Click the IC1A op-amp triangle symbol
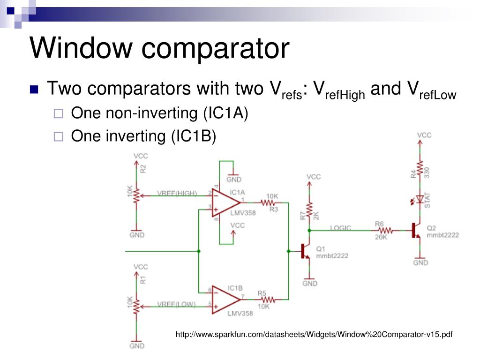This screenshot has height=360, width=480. tap(227, 203)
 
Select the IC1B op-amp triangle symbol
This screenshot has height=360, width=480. tap(227, 298)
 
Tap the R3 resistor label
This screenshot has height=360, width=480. tap(273, 210)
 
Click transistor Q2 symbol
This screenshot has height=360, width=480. tap(416, 230)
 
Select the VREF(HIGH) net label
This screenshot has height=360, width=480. tap(176, 193)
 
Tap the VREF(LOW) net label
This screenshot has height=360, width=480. tap(176, 304)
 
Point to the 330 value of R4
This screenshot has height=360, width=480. tap(427, 172)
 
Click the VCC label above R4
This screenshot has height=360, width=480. tap(424, 135)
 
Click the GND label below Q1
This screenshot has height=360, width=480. tap(310, 283)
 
